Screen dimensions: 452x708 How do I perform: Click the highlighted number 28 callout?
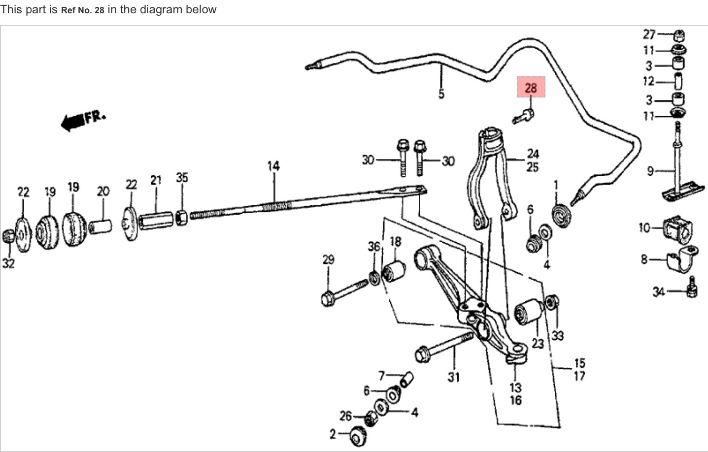[x=531, y=88]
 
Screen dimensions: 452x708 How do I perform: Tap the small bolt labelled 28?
[x=523, y=117]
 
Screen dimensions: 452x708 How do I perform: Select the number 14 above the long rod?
[x=273, y=166]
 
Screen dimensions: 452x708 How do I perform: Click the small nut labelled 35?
[x=181, y=216]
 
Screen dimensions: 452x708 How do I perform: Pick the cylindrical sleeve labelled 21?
[x=156, y=220]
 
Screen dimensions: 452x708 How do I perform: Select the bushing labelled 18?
[x=394, y=270]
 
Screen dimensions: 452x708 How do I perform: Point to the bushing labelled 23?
[x=528, y=313]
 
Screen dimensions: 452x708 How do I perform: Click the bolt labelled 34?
[x=692, y=288]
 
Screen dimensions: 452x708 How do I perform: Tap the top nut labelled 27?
[x=679, y=35]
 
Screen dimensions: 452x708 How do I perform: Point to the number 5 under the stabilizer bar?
[x=441, y=94]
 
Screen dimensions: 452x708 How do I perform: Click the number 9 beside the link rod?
[x=650, y=171]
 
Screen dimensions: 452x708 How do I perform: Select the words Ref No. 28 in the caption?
[x=83, y=10]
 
